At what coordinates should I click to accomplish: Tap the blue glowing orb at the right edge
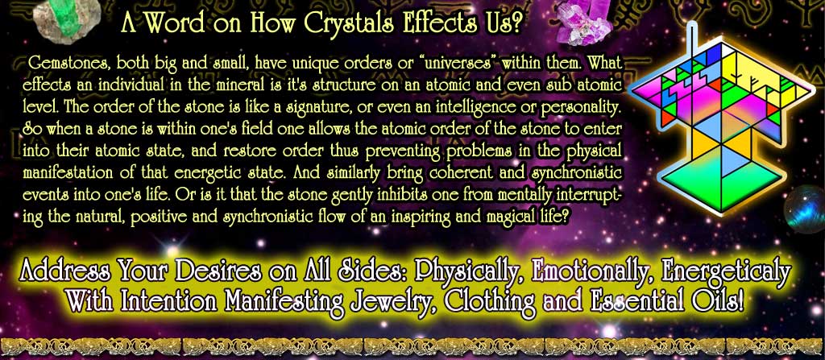(806, 209)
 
